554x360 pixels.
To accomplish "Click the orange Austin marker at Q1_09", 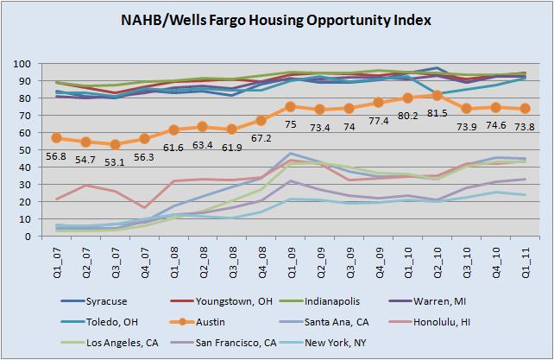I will coord(291,107).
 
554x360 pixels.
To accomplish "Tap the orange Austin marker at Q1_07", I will coord(57,138).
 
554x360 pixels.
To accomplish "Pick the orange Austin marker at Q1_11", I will coord(524,109).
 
